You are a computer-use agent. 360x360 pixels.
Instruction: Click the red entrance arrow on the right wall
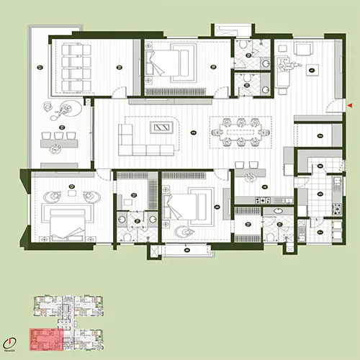pyautogui.click(x=349, y=106)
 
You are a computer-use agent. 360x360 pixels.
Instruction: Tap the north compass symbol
pyautogui.click(x=9, y=345)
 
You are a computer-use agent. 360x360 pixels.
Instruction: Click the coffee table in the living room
pyautogui.click(x=161, y=127)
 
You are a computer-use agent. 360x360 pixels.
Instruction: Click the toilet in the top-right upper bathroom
pyautogui.click(x=247, y=48)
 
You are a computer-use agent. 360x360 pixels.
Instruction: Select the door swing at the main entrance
pyautogui.click(x=333, y=109)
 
